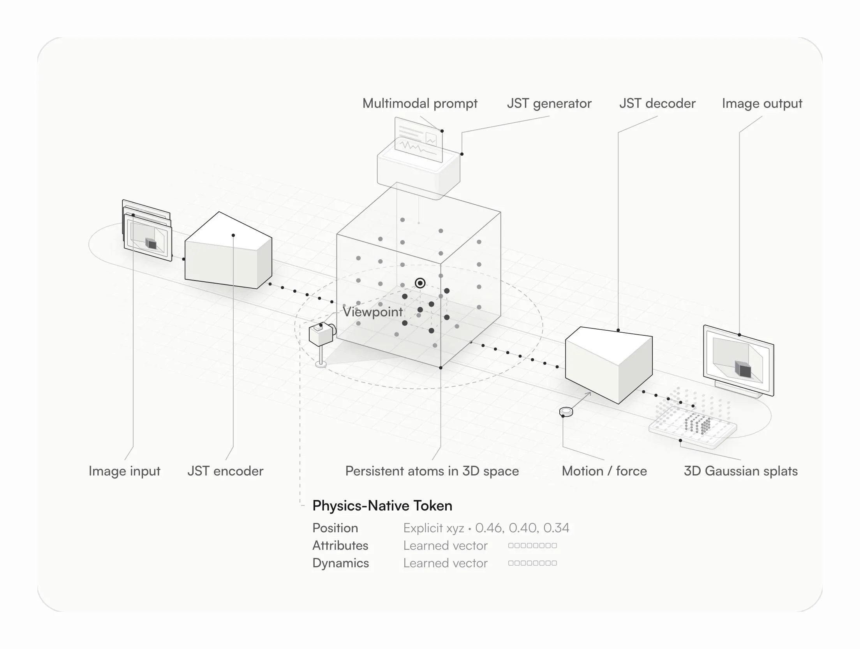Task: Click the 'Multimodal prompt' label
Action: (420, 103)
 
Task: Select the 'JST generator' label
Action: (549, 103)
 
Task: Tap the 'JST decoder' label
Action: (657, 103)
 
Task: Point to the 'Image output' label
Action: (762, 103)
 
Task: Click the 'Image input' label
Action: (124, 471)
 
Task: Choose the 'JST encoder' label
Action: (226, 471)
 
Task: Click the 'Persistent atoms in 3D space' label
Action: (432, 471)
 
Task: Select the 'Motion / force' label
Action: (604, 471)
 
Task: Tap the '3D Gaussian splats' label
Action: (741, 471)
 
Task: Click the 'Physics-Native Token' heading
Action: (382, 506)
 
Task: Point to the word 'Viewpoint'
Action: (373, 312)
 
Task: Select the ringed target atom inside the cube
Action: (420, 283)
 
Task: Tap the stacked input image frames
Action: (147, 230)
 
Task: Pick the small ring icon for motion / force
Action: (566, 411)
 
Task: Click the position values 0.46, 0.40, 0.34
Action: (522, 528)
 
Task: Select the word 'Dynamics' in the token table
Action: (340, 563)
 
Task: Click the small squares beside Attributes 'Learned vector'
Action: (532, 546)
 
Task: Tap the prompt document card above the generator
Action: (419, 140)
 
